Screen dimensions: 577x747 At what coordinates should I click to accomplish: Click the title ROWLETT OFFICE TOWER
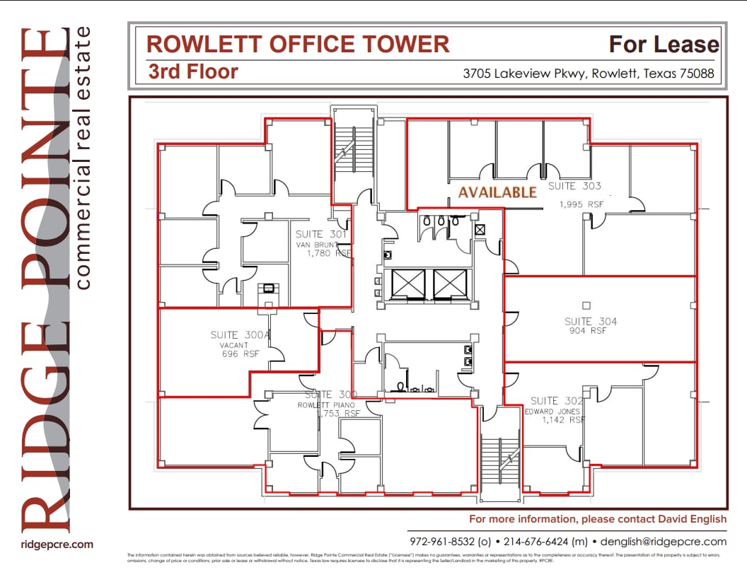pyautogui.click(x=298, y=44)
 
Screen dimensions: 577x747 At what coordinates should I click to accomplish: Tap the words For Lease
pyautogui.click(x=664, y=45)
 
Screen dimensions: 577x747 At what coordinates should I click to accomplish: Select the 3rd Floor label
pyautogui.click(x=193, y=71)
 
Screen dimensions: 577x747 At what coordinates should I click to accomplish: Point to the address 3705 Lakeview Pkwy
pyautogui.click(x=524, y=73)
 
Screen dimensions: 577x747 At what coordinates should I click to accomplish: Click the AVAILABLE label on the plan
pyautogui.click(x=497, y=192)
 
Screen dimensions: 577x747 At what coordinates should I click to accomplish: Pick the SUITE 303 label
pyautogui.click(x=574, y=186)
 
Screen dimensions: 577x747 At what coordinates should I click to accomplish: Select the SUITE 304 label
pyautogui.click(x=591, y=321)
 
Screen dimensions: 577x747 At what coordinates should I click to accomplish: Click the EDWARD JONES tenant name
pyautogui.click(x=553, y=411)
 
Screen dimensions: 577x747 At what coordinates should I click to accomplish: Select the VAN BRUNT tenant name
pyautogui.click(x=317, y=245)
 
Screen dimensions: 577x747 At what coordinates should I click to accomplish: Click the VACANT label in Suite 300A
pyautogui.click(x=234, y=345)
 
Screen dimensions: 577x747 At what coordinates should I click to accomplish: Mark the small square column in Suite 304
pyautogui.click(x=586, y=305)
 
